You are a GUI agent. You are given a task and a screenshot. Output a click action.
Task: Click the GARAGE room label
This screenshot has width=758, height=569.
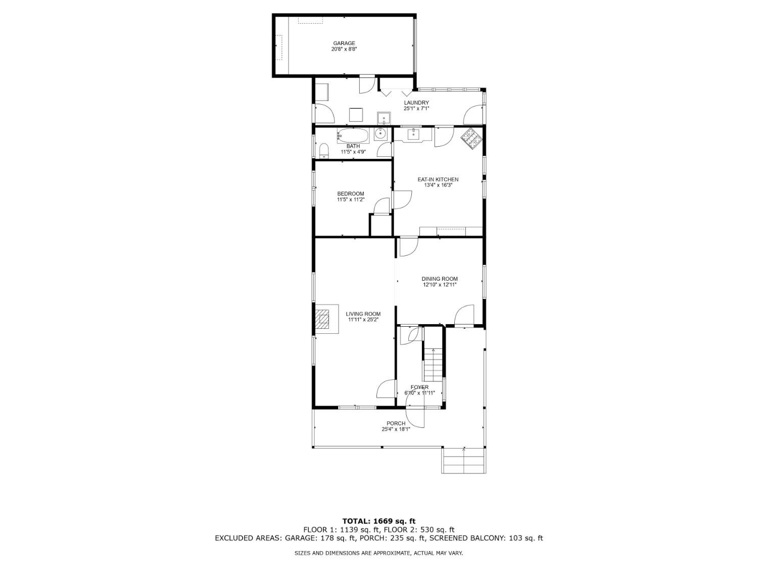(344, 43)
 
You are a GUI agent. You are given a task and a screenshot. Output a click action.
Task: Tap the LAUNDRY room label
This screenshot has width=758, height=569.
(416, 103)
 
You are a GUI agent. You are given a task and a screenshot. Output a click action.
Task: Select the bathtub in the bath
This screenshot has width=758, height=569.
(353, 136)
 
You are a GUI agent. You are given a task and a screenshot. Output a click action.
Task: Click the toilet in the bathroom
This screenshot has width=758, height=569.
(324, 151)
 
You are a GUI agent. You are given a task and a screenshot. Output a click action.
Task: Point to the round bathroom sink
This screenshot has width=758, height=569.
(381, 134)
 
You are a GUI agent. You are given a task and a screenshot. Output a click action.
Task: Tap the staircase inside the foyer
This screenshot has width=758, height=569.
(433, 365)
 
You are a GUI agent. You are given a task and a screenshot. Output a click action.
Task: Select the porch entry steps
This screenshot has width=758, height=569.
(464, 460)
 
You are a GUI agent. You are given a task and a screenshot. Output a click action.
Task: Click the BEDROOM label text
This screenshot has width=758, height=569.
(350, 194)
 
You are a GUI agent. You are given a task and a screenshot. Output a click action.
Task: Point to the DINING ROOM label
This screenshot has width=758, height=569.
(440, 279)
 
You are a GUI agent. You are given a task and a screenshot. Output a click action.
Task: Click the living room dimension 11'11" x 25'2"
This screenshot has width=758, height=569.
(363, 320)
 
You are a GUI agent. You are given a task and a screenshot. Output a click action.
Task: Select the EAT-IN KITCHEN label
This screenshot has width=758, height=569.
(438, 180)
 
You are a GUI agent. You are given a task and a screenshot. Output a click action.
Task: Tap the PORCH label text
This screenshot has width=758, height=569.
(396, 423)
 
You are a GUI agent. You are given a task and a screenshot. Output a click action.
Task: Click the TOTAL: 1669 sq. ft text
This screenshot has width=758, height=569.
(378, 520)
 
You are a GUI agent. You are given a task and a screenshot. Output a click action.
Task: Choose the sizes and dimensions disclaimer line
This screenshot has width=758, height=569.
(378, 553)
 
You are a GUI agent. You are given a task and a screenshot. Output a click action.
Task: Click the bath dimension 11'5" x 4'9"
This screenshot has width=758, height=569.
(353, 152)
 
